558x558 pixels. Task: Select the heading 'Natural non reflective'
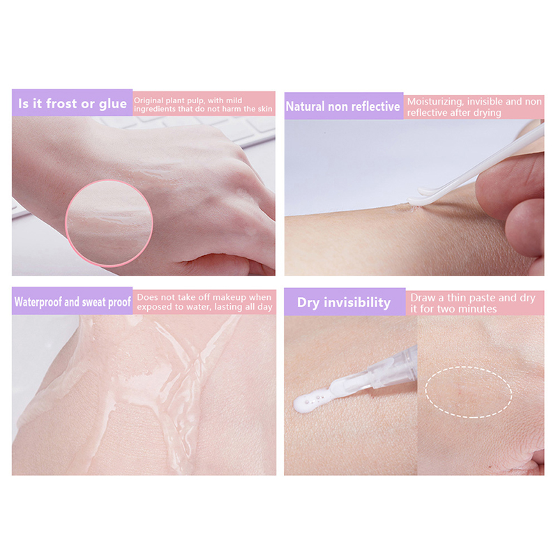342,107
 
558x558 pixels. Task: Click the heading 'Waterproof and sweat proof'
73,302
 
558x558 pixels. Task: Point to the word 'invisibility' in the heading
357,303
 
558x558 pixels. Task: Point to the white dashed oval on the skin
469,392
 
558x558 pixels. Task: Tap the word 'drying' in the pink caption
485,113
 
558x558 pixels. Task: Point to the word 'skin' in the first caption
264,109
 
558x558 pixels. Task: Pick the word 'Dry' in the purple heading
308,303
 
